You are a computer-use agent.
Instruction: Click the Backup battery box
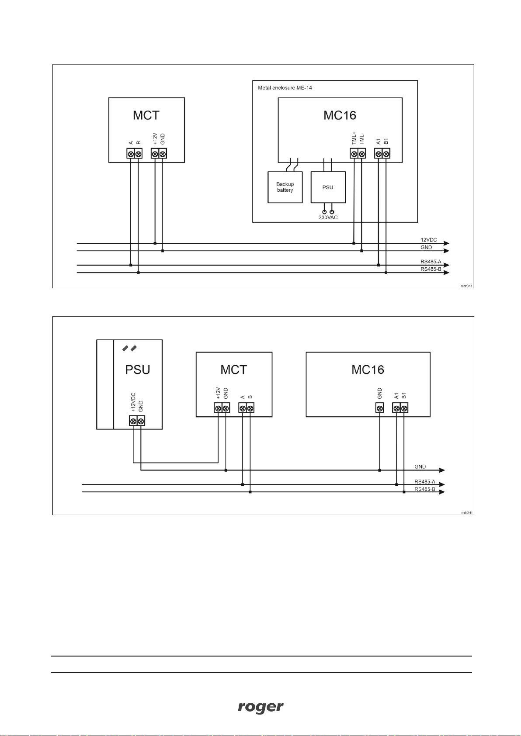pos(285,187)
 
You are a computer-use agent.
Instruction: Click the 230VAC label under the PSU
pos(328,218)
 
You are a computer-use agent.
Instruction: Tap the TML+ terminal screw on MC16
pos(354,154)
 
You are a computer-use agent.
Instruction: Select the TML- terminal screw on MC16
pos(362,154)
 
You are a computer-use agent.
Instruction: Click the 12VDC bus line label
pos(428,240)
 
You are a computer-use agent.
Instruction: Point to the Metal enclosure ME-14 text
pos(285,88)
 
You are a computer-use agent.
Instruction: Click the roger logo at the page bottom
pos(260,707)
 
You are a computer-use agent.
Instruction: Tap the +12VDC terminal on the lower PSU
pos(133,421)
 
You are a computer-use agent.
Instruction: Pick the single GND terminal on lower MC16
pos(380,408)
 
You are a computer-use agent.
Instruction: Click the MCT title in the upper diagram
pos(146,115)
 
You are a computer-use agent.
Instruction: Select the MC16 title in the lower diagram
pos(368,370)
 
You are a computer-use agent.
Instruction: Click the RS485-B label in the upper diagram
pos(431,270)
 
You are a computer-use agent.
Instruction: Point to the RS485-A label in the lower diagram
pos(424,482)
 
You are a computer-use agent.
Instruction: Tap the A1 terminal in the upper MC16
pos(379,154)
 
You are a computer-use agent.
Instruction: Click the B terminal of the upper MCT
pos(139,154)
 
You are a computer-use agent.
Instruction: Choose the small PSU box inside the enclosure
pos(328,187)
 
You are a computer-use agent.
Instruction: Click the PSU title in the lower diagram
pos(138,370)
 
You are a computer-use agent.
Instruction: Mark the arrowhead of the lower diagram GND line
pos(442,470)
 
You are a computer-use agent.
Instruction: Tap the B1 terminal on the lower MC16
pos(404,408)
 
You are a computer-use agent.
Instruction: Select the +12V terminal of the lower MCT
pos(218,408)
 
